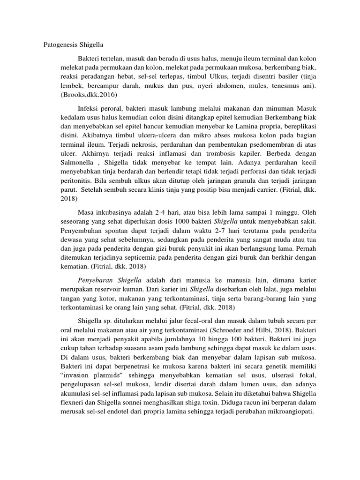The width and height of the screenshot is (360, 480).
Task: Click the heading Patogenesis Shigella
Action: (70, 45)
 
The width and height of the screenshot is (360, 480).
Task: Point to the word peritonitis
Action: (53, 180)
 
